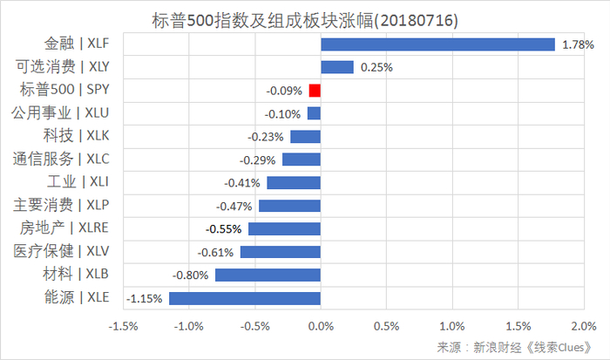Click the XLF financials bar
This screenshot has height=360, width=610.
pos(437,44)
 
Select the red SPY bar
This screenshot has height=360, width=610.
pos(315,90)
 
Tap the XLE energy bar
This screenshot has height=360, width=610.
pos(245,298)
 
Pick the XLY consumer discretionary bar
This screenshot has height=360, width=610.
pos(337,67)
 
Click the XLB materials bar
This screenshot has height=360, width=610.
pos(268,275)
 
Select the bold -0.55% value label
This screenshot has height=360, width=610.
pos(223,229)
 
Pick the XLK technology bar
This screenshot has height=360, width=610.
pos(305,136)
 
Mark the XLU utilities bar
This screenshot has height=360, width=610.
pos(314,113)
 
